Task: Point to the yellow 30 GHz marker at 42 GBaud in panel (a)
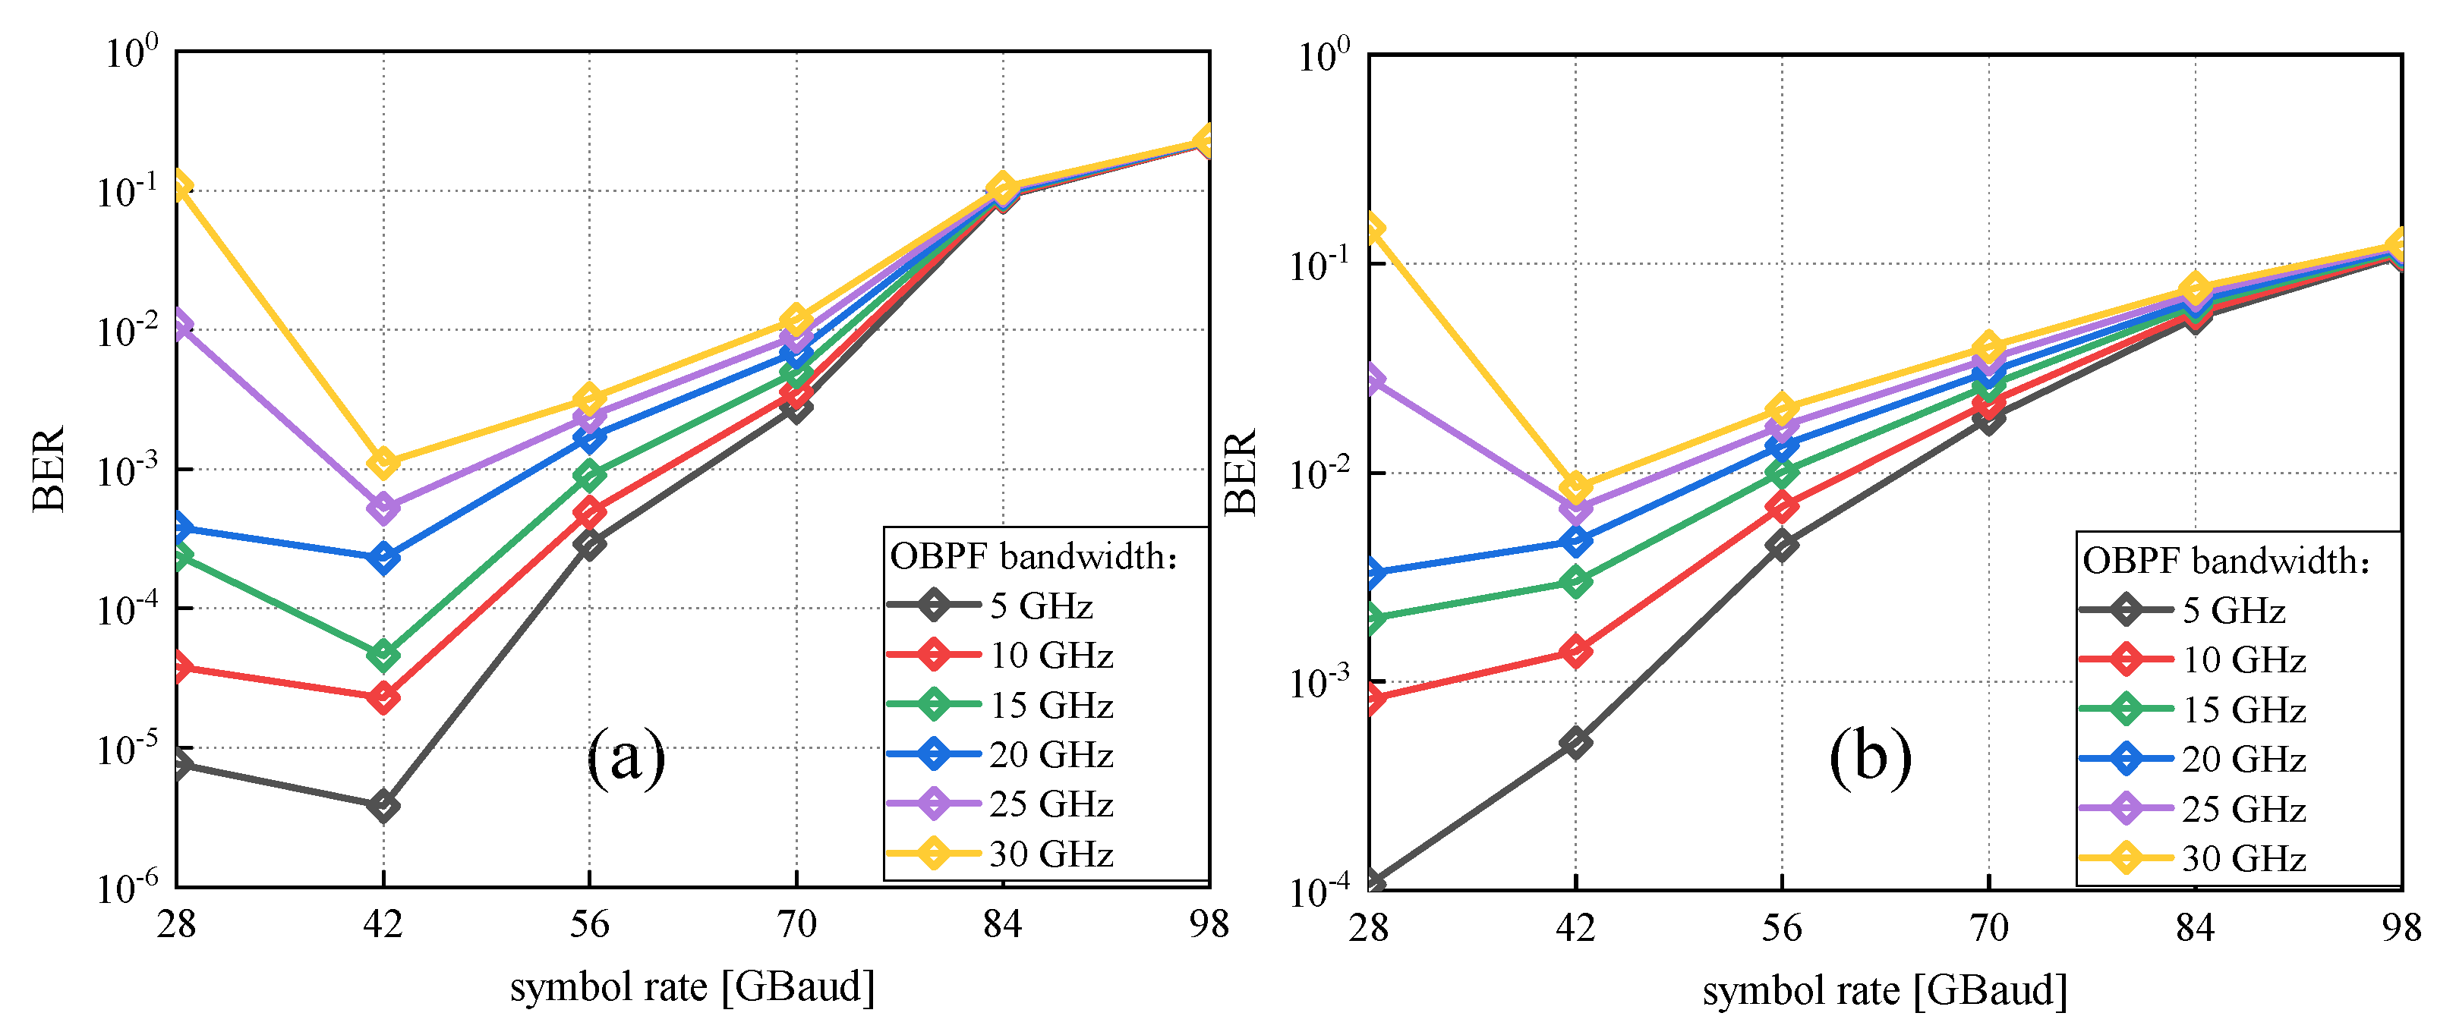coord(383,463)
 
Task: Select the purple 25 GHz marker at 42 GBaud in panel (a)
coord(383,508)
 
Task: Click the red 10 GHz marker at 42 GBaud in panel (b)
coord(1576,652)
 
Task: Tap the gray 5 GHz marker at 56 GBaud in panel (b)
coord(1781,545)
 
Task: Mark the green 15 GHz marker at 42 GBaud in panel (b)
coord(1576,581)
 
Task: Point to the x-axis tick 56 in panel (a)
coord(589,923)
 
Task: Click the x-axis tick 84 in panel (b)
coord(2195,927)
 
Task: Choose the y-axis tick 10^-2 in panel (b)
coord(1320,473)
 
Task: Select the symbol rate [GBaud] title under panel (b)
coord(1885,991)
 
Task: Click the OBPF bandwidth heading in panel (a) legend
coord(1033,556)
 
